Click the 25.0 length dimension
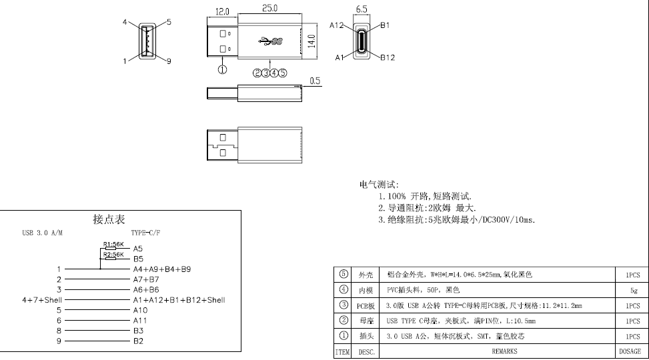click(x=270, y=9)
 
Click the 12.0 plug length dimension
click(x=222, y=12)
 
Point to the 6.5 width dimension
click(x=362, y=9)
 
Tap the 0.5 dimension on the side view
click(x=315, y=81)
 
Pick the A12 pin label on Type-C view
click(x=337, y=25)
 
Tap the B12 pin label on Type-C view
click(x=388, y=57)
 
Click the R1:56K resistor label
click(x=113, y=244)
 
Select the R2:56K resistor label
click(x=113, y=255)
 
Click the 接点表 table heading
click(x=109, y=219)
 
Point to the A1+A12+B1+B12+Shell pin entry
click(x=179, y=300)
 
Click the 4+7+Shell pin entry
click(x=42, y=300)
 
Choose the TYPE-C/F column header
click(x=145, y=233)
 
